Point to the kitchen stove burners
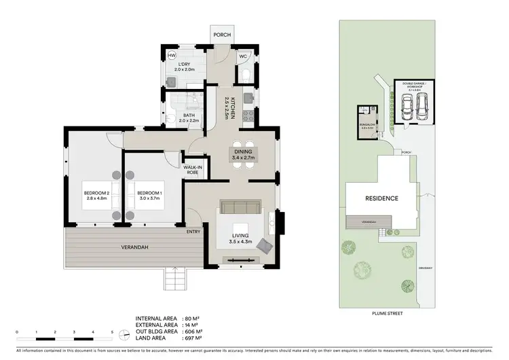(x=248, y=115)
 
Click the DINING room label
(x=242, y=154)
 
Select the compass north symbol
(x=124, y=334)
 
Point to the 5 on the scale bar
(x=113, y=331)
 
